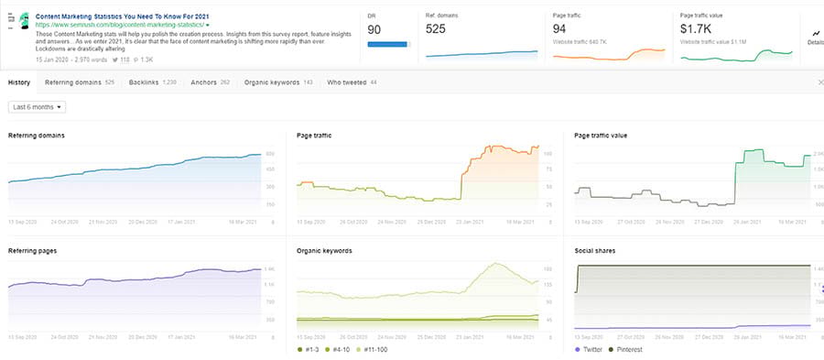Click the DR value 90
(x=374, y=29)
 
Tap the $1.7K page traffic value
(x=697, y=29)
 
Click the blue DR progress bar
(x=386, y=42)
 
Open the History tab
(x=19, y=82)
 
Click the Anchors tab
(x=202, y=82)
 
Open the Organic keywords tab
(x=271, y=82)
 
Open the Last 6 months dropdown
(x=38, y=107)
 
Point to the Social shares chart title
(x=594, y=250)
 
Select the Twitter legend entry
(x=591, y=350)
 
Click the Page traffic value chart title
(x=601, y=136)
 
